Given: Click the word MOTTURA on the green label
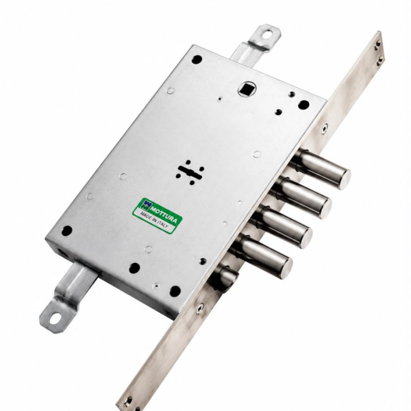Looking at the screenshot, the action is pyautogui.click(x=163, y=212).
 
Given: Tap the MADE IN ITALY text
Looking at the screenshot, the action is pyautogui.click(x=154, y=219).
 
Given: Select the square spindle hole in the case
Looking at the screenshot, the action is pyautogui.click(x=245, y=90).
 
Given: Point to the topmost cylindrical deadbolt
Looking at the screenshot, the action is pyautogui.click(x=322, y=168).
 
